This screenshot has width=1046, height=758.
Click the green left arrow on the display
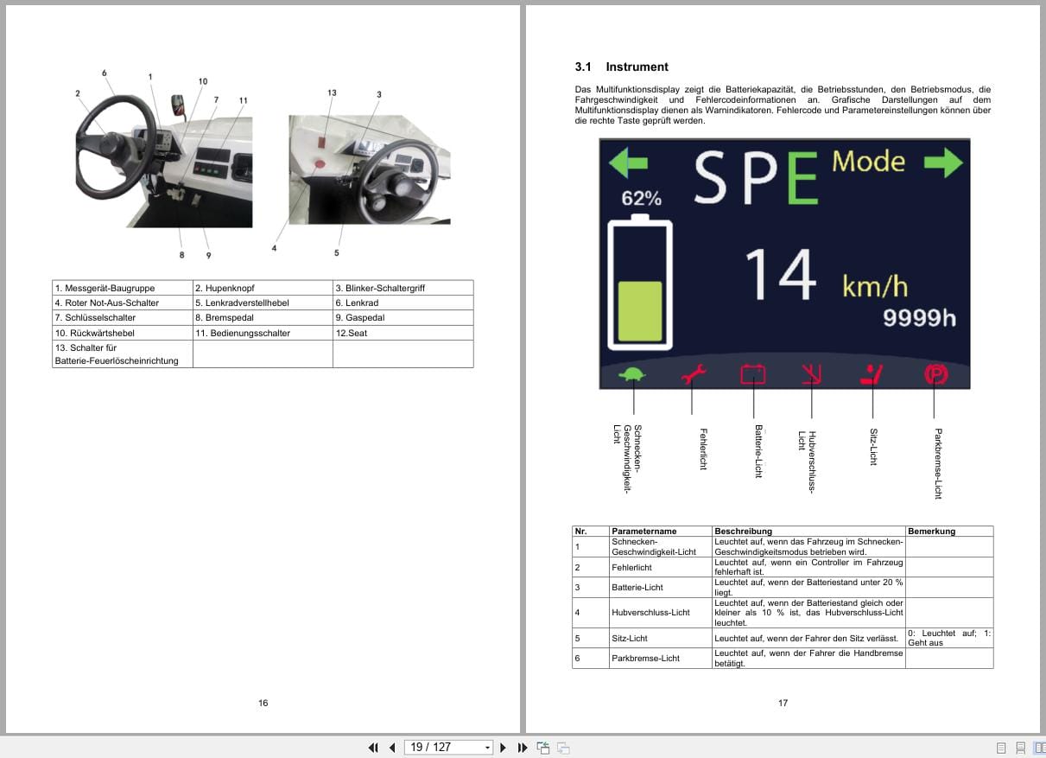pyautogui.click(x=627, y=162)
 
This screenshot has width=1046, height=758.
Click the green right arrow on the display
pyautogui.click(x=941, y=162)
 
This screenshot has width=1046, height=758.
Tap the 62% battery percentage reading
pyautogui.click(x=641, y=198)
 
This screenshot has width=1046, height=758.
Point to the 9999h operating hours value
pyautogui.click(x=919, y=318)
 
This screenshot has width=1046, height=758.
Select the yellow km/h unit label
pyautogui.click(x=875, y=286)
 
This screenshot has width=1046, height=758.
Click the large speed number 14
pyautogui.click(x=781, y=277)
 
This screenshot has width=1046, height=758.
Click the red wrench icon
pyautogui.click(x=694, y=375)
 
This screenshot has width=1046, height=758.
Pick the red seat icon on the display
pyautogui.click(x=872, y=375)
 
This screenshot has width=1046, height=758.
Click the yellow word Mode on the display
pyautogui.click(x=868, y=162)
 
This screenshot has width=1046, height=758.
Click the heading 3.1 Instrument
pyautogui.click(x=621, y=67)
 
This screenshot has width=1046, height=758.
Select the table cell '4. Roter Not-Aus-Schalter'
pyautogui.click(x=122, y=303)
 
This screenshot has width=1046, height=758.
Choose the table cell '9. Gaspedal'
pyautogui.click(x=403, y=318)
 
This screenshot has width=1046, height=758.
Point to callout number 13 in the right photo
pyautogui.click(x=332, y=92)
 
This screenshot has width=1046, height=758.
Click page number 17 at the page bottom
pyautogui.click(x=783, y=703)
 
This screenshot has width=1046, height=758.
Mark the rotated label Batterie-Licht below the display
pyautogui.click(x=758, y=451)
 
